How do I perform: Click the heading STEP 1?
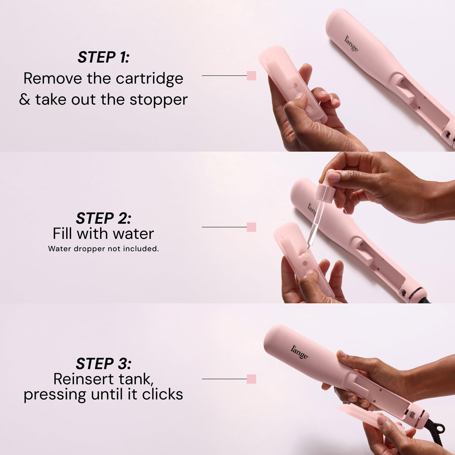pos(104,57)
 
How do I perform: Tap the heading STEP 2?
pos(104,218)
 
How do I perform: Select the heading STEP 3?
pos(104,363)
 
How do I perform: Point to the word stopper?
pos(158,100)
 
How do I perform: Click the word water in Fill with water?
pos(133,234)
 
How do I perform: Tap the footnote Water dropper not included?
pos(104,249)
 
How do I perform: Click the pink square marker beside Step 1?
pos(251,76)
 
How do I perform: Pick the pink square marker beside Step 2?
pos(251,227)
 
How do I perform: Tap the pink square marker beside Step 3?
pos(251,379)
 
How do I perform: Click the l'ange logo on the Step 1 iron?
pos(351,44)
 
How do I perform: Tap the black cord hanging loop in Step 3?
pos(438,428)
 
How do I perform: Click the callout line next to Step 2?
pos(224,227)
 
